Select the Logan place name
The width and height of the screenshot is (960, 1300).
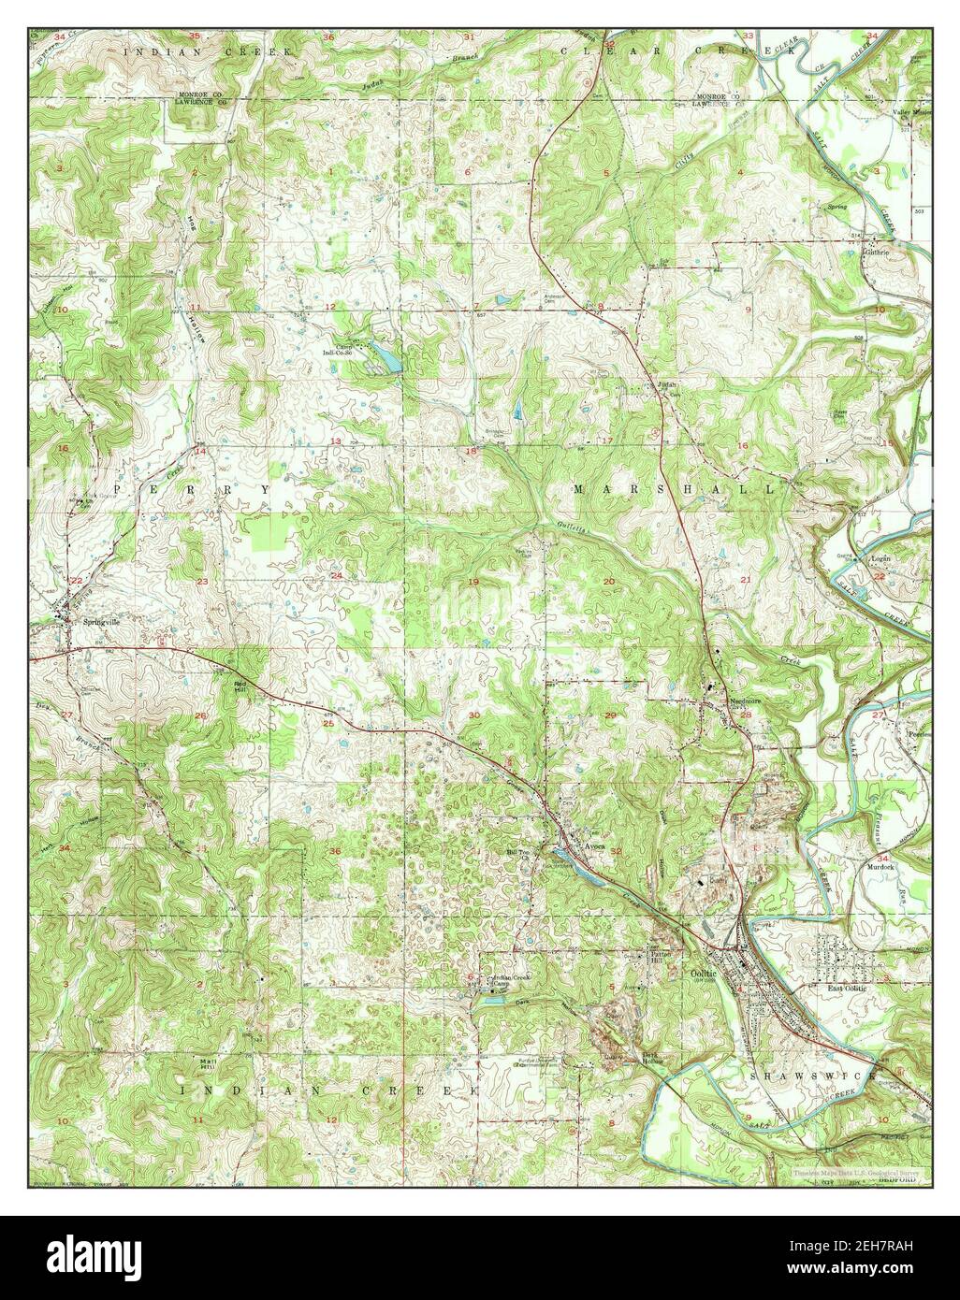tap(880, 558)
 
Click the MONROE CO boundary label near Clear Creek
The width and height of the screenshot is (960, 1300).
tap(716, 97)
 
